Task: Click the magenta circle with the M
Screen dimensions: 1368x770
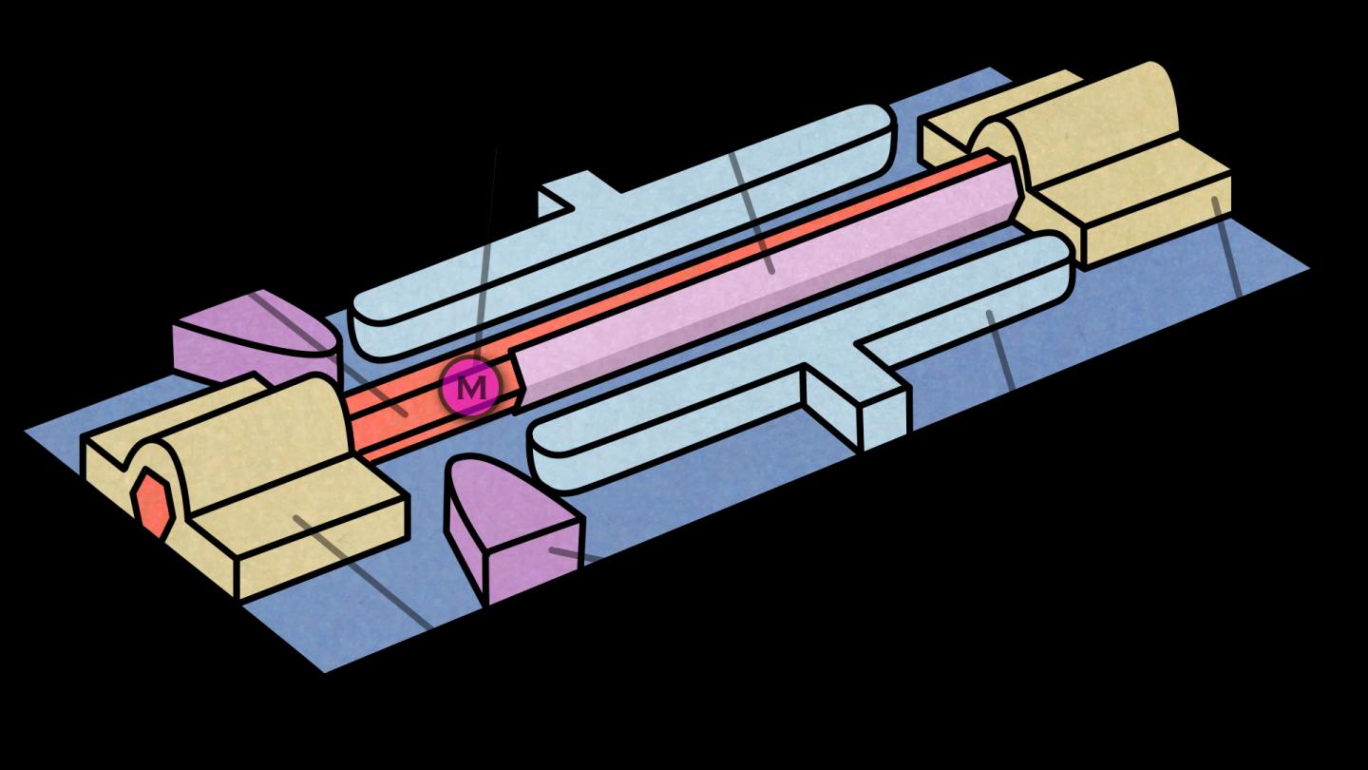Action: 471,386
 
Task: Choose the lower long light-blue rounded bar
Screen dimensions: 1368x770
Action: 800,360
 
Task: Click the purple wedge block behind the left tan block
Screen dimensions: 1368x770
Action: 256,339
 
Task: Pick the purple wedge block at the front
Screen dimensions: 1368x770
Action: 513,529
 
